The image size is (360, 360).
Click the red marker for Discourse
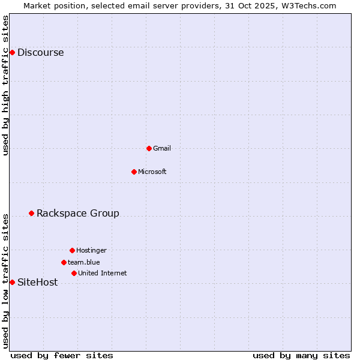pyautogui.click(x=12, y=52)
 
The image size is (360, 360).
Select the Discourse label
pyautogui.click(x=40, y=53)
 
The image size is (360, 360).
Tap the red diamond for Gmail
pyautogui.click(x=149, y=148)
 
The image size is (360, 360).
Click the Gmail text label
pyautogui.click(x=162, y=149)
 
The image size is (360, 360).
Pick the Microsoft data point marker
pyautogui.click(x=134, y=172)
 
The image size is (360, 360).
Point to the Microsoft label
pyautogui.click(x=152, y=172)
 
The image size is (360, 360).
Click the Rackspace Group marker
pyautogui.click(x=31, y=213)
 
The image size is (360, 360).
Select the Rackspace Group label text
pyautogui.click(x=77, y=214)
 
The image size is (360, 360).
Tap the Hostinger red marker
pyautogui.click(x=72, y=250)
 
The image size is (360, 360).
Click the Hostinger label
pyautogui.click(x=91, y=251)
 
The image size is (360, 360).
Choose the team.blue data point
pyautogui.click(x=64, y=262)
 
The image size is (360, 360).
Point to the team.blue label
pyautogui.click(x=83, y=262)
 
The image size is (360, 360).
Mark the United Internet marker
pyautogui.click(x=74, y=273)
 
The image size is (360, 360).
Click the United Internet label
pyautogui.click(x=102, y=274)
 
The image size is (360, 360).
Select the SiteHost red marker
pyautogui.click(x=12, y=282)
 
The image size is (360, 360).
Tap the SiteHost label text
pyautogui.click(x=37, y=283)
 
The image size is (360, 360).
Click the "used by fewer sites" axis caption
pyautogui.click(x=62, y=355)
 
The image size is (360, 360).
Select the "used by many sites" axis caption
pyautogui.click(x=301, y=355)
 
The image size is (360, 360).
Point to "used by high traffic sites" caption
pyautogui.click(x=6, y=85)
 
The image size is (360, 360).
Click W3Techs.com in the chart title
pyautogui.click(x=307, y=5)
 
